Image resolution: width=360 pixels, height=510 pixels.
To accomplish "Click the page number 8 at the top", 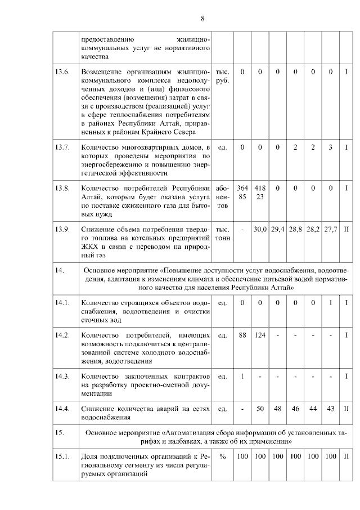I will pos(202,18).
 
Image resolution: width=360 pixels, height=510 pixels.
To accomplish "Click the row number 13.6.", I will pos(62,72).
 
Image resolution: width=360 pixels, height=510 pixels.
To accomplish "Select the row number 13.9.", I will pos(62,230).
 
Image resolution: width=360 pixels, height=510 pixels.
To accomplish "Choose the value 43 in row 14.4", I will pos(331,409).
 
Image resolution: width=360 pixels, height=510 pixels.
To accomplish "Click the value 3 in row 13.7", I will pos(331,147).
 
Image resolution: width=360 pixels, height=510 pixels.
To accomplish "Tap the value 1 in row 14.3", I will pos(242,376).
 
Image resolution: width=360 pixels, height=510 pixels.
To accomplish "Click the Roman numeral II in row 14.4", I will pos(347,409).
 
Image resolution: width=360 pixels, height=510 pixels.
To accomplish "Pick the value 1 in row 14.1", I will pos(331,303).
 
